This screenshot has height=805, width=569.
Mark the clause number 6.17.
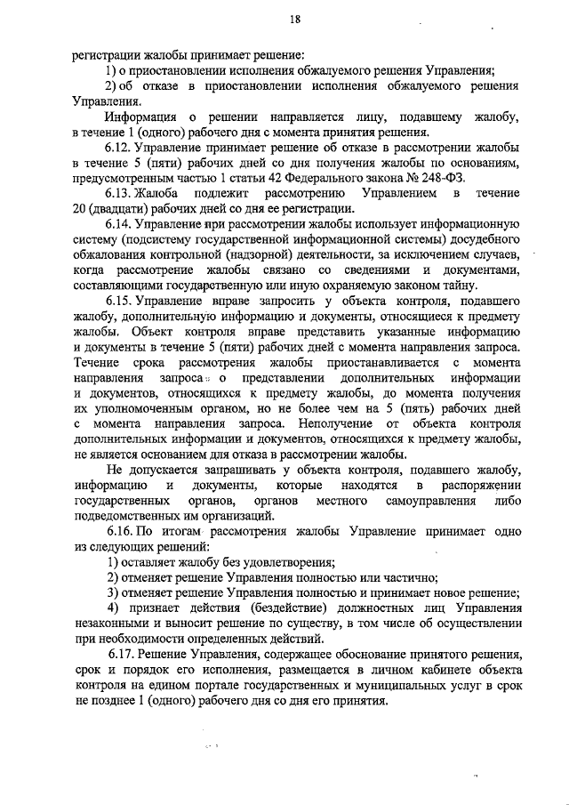pos(121,655)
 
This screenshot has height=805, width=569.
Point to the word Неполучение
pos(336,425)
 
